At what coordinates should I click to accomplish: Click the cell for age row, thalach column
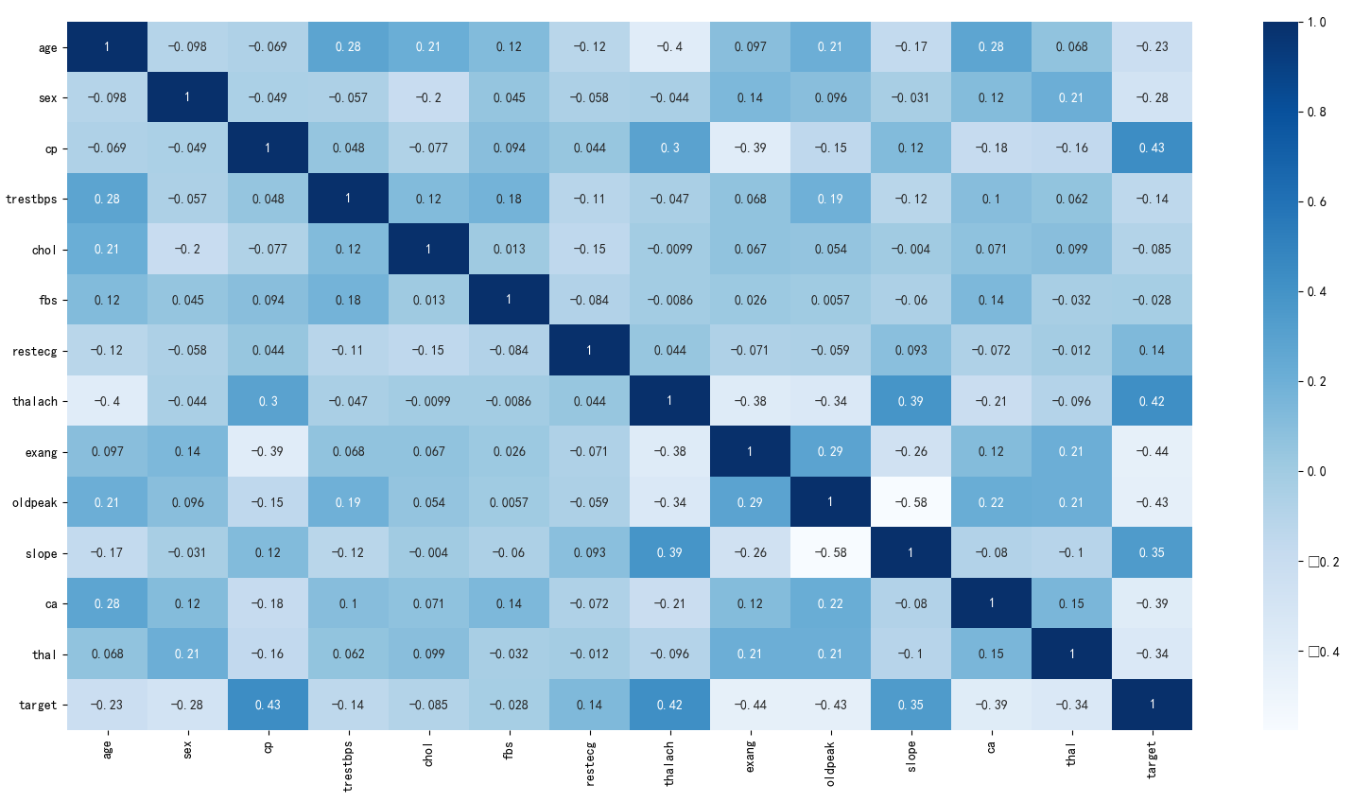coord(669,46)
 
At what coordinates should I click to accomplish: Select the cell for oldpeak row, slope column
coord(911,502)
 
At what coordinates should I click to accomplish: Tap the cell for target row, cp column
coord(268,705)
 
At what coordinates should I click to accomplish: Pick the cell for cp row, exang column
coord(750,148)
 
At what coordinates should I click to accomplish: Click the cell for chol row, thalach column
coord(669,249)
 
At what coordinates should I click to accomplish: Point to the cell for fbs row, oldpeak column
coord(830,300)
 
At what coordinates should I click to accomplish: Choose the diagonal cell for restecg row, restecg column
coord(589,350)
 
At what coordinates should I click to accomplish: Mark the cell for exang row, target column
coord(1152,452)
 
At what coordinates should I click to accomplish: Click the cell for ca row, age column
coord(107,603)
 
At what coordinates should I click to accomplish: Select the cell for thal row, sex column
coord(187,654)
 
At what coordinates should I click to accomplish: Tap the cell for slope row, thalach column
coord(669,552)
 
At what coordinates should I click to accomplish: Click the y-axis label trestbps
coord(31,200)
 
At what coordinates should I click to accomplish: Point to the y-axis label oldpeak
coord(35,503)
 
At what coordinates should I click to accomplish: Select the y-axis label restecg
coord(35,351)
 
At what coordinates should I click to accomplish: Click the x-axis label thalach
coord(669,762)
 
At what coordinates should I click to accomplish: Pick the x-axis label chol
coord(428,754)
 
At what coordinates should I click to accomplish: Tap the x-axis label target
coord(1152,758)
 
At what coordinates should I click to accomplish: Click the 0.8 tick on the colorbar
coord(1316,112)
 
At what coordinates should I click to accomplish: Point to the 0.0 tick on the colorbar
coord(1316,471)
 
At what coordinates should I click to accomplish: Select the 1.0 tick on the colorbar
coord(1316,22)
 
